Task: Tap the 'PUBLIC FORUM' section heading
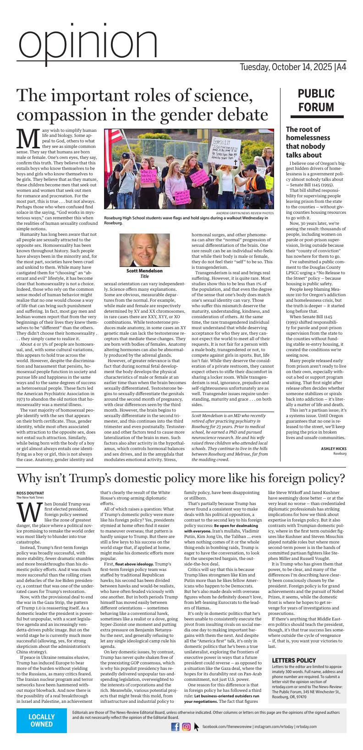coord(316,100)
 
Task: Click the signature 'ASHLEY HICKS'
coord(334,448)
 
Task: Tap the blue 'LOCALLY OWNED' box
coord(42,720)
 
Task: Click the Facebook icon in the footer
coord(175,727)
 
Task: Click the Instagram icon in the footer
coord(186,727)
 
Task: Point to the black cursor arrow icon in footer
coord(197,727)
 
